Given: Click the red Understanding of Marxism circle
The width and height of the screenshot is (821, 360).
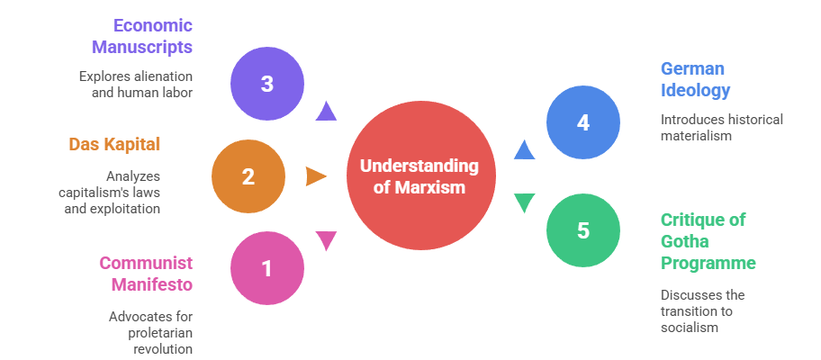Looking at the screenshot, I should point(420,176).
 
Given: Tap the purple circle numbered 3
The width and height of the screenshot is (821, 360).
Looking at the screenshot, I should point(267,85).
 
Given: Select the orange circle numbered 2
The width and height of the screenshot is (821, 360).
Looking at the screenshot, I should point(248,176).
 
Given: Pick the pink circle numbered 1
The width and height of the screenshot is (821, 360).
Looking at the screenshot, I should point(267,268).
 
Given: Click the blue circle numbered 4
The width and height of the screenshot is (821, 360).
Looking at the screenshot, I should point(583,122).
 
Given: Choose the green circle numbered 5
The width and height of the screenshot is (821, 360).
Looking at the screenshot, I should point(583,230).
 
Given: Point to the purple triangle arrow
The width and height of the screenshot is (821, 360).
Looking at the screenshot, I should point(326,111).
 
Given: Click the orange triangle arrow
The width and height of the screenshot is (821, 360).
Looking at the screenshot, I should point(315,176).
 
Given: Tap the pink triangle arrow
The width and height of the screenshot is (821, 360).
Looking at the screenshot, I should point(326,240).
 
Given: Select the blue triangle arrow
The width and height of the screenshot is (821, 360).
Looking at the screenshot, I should point(525,150).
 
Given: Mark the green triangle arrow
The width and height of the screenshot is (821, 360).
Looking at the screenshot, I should point(525,202).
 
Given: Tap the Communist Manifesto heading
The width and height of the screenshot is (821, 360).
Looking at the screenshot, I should point(146,273).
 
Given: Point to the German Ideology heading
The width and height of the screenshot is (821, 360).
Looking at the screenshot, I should point(695,79).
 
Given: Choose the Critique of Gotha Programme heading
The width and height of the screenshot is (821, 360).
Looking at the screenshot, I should point(708,241).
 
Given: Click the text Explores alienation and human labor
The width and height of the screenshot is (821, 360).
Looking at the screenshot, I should point(136,85).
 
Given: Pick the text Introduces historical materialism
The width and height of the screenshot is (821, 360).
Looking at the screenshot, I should point(721,127).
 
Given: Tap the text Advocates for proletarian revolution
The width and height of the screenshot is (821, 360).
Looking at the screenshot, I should point(151,333).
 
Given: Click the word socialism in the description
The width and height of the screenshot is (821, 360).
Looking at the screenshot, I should point(690,328).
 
